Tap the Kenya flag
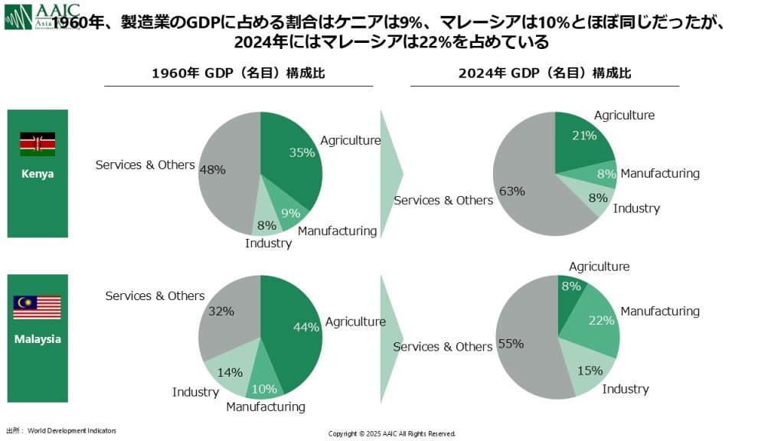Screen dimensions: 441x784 coord(38,144)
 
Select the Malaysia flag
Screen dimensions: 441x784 coord(37,308)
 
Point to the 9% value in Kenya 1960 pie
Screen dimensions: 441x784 coord(290,214)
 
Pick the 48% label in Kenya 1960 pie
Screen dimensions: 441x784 coord(212,170)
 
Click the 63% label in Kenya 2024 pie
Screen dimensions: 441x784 coord(511,191)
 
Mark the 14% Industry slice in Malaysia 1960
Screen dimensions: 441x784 coord(230,372)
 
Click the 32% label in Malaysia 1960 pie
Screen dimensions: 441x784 coord(221,312)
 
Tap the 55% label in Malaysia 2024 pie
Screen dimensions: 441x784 coord(511,344)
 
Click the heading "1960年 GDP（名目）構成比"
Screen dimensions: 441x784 coord(238,73)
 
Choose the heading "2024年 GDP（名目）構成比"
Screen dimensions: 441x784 coord(544,73)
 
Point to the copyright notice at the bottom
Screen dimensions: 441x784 coord(392,433)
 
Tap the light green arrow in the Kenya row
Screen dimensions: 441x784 coord(390,173)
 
